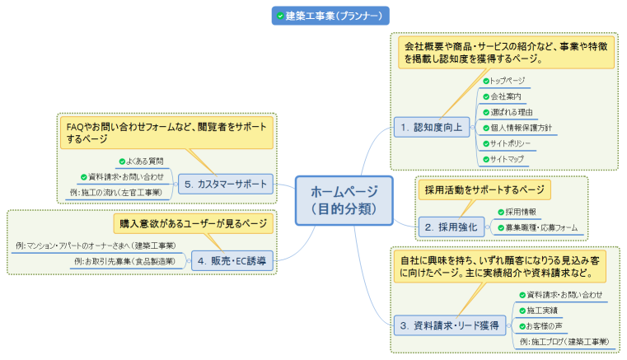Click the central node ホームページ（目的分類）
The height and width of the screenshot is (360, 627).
tap(344, 200)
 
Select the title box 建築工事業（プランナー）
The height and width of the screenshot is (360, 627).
tap(330, 16)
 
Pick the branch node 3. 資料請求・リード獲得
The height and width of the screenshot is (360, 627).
tap(449, 325)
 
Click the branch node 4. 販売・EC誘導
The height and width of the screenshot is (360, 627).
tap(232, 261)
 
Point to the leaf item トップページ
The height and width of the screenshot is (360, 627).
tap(506, 81)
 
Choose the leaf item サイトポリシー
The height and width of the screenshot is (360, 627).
tap(510, 143)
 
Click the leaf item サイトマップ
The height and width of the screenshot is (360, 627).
tap(506, 158)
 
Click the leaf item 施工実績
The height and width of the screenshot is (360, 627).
tap(541, 311)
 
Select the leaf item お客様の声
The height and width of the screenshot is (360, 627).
tap(541, 325)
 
